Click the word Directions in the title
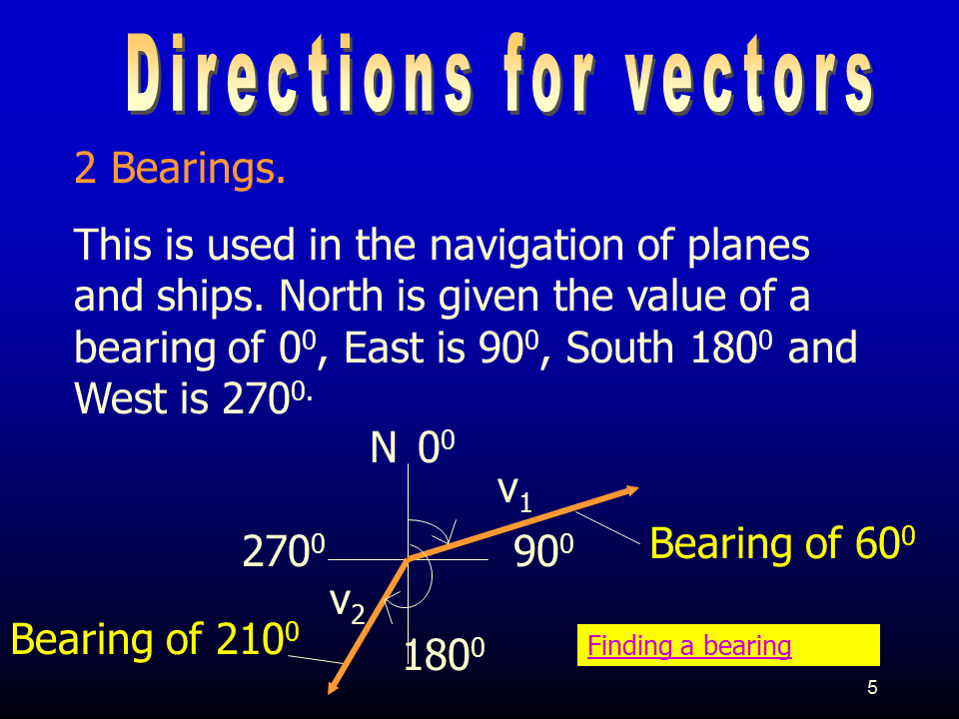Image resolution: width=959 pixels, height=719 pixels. tap(299, 74)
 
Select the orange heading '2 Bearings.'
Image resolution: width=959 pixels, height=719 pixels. tap(180, 168)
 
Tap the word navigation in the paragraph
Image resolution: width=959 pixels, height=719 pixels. tap(526, 246)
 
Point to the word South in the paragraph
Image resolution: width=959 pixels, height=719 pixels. tap(619, 348)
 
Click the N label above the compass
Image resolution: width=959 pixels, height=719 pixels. tap(384, 447)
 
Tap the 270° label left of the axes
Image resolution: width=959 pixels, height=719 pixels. tap(284, 551)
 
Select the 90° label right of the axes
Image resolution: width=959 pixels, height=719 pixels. tap(543, 551)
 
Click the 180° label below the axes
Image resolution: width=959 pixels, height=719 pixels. tap(444, 654)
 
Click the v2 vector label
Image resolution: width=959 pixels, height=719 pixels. tap(348, 605)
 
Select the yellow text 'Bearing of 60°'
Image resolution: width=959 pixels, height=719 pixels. tap(782, 543)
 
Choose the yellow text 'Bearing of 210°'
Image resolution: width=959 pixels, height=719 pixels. tap(155, 639)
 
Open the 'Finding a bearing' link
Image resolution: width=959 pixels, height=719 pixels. tap(689, 646)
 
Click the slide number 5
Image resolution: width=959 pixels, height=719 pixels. tap(872, 688)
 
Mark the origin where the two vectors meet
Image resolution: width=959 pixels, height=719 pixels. tap(408, 559)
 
